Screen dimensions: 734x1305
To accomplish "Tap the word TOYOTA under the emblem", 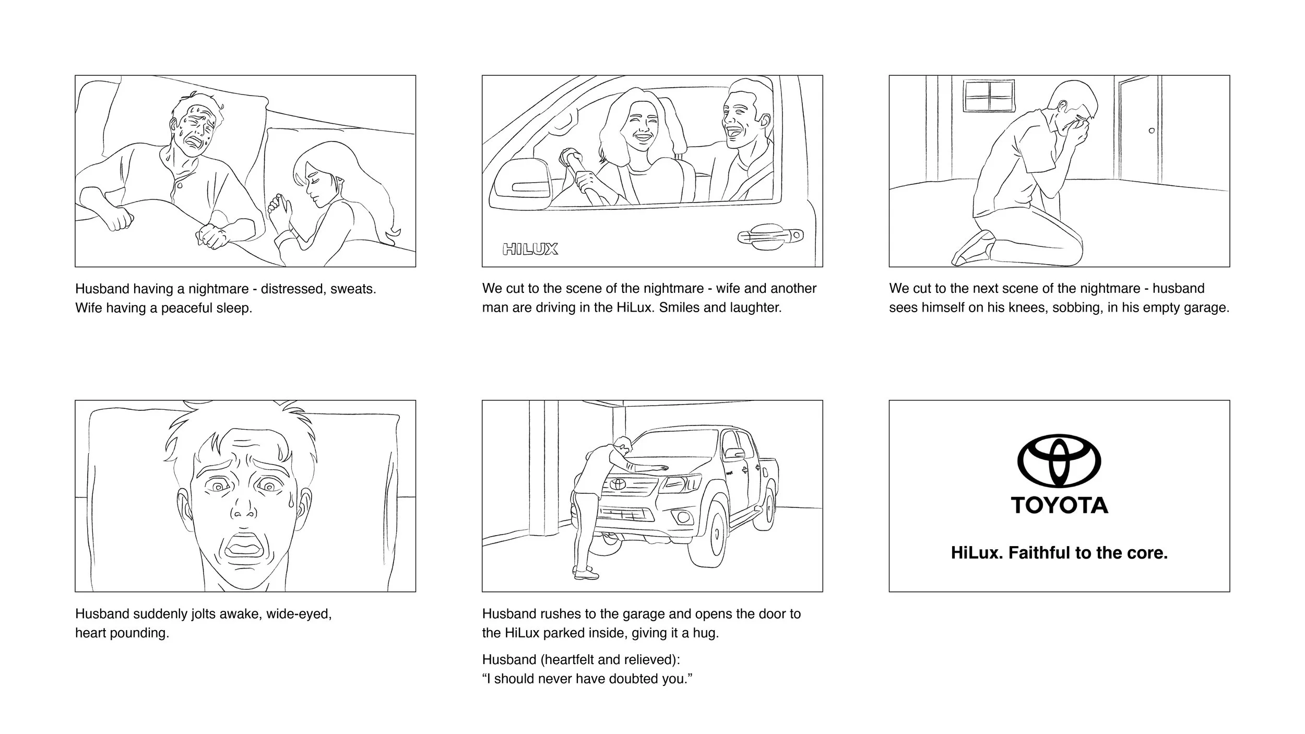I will click(x=1059, y=505).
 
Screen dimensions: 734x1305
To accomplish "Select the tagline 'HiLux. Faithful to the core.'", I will click(x=1059, y=553).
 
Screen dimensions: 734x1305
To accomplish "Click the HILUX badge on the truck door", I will click(x=530, y=249).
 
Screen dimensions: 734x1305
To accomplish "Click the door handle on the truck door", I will click(x=769, y=236).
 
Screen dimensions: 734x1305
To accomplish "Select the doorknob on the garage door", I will click(x=1152, y=131).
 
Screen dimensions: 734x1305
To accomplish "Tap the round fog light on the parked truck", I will click(x=682, y=517).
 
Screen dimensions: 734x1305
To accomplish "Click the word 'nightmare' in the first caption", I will click(x=218, y=289).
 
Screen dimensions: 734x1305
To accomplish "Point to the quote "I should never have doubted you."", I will click(x=587, y=679).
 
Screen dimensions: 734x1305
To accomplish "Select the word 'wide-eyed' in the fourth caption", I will click(x=299, y=613).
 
